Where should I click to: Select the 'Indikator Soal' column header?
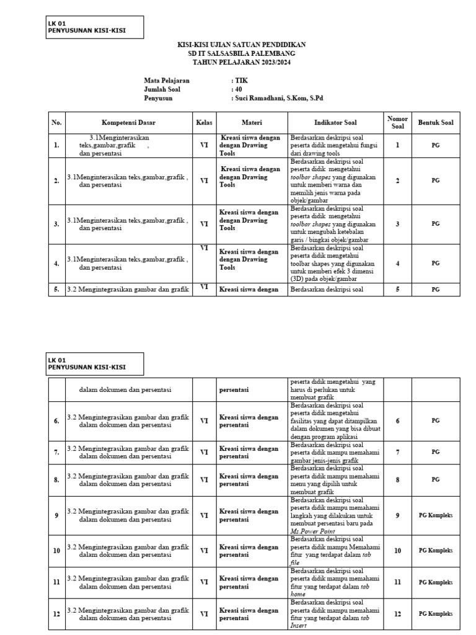pos(335,123)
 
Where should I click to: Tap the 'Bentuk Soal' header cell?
pos(436,123)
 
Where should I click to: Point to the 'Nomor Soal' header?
pos(397,123)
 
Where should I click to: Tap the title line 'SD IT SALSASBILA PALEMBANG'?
pos(241,55)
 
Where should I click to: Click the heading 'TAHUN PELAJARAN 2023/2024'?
pos(241,63)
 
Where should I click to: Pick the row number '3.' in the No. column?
pos(56,224)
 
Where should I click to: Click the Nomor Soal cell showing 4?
pos(397,264)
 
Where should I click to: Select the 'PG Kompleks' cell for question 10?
pos(436,550)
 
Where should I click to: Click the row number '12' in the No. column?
pos(56,614)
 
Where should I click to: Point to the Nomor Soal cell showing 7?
pos(397,452)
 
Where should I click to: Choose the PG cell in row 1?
pos(436,145)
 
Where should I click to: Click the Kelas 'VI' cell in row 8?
pos(203,480)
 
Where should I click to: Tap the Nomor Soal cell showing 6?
pos(397,420)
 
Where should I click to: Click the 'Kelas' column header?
pos(203,123)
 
